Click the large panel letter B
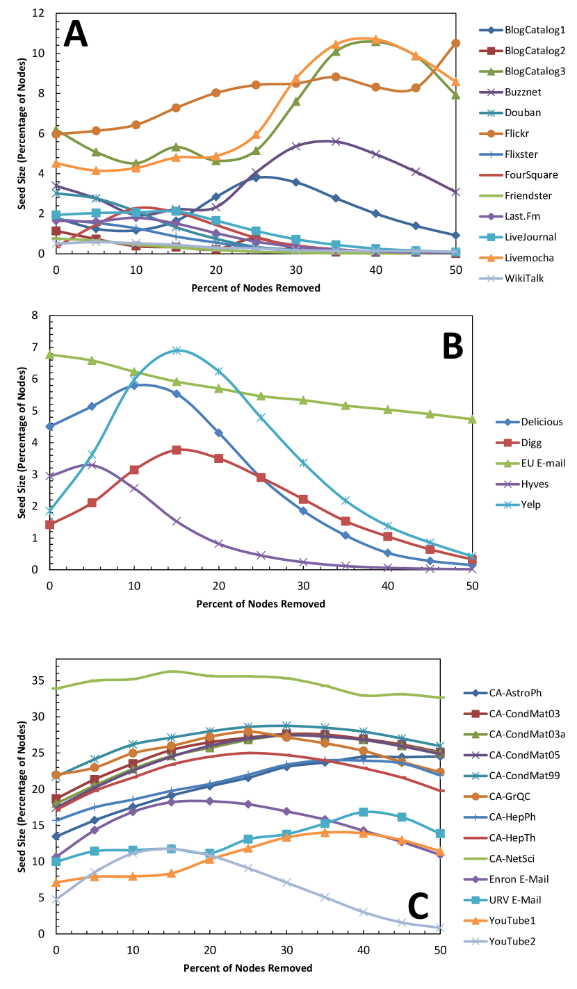click(x=442, y=346)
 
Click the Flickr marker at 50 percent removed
click(x=455, y=43)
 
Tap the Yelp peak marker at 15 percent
click(x=177, y=350)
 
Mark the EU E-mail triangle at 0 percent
click(x=49, y=355)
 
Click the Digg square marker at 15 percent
click(x=177, y=450)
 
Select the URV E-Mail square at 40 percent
click(x=363, y=812)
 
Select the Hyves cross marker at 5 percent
click(x=92, y=464)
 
